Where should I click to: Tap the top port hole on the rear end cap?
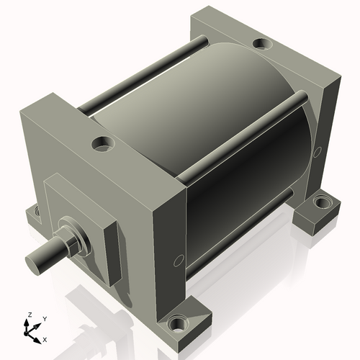tap(264, 45)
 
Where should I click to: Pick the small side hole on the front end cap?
tap(177, 260)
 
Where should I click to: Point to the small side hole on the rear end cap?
tap(318, 151)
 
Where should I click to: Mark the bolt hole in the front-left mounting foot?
tap(33, 212)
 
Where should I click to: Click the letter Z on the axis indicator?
tap(30, 315)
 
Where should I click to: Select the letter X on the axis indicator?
tap(45, 338)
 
